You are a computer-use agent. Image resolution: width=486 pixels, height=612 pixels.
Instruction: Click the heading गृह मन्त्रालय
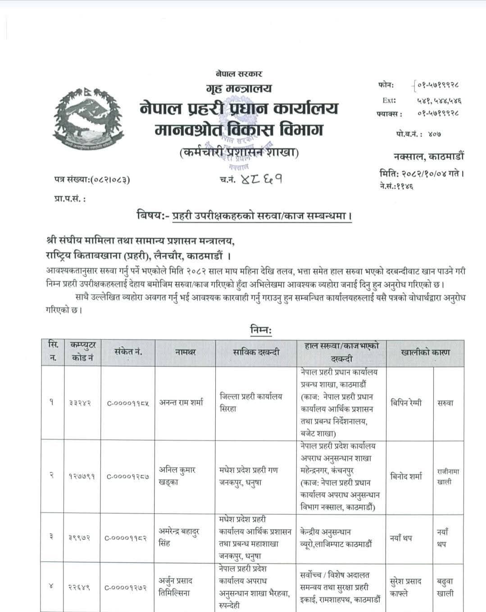[x=239, y=88]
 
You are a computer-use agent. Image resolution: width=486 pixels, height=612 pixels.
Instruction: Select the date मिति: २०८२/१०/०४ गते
[x=421, y=173]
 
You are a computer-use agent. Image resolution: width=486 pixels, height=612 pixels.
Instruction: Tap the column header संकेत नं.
[x=128, y=352]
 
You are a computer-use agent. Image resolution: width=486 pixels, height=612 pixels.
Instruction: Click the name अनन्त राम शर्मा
[x=182, y=403]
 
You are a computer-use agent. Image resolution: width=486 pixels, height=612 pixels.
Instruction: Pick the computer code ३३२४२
[x=81, y=403]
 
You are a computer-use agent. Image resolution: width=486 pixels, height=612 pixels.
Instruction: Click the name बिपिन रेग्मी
[x=406, y=403]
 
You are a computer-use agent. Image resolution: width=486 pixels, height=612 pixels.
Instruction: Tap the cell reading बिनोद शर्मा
[x=406, y=477]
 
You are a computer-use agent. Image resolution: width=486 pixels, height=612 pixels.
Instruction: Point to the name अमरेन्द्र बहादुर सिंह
[x=180, y=537]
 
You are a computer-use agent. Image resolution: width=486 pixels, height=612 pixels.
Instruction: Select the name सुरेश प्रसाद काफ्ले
[x=406, y=587]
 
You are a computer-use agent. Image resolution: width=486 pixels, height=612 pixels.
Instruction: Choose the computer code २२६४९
[x=81, y=587]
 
